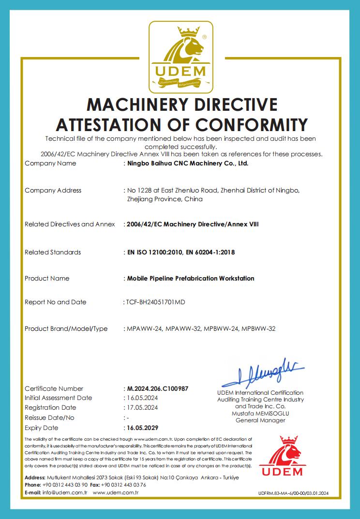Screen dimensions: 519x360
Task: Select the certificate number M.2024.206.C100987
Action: [157, 388]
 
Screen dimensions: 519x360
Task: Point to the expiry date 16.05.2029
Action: [142, 428]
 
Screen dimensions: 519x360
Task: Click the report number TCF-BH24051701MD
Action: [155, 302]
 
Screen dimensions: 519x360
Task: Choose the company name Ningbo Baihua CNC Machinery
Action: [187, 163]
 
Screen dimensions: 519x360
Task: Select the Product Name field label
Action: [47, 279]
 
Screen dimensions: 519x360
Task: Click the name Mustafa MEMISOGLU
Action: [260, 414]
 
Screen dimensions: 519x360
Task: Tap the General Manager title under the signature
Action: [260, 420]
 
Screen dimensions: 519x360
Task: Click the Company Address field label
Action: [53, 191]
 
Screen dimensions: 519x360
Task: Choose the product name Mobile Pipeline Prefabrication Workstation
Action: [190, 279]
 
